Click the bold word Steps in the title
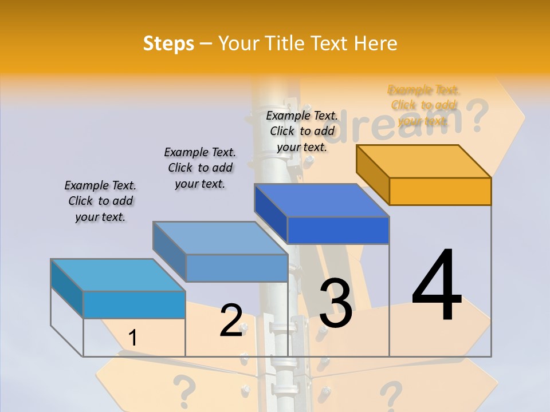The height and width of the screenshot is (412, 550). coord(168,43)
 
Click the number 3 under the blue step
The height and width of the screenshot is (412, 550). coord(335,303)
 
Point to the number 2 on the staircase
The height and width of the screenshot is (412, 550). coord(231,320)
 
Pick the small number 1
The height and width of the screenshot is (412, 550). coord(132,338)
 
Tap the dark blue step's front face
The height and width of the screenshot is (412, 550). coord(338,230)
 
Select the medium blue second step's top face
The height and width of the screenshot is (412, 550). coord(221,237)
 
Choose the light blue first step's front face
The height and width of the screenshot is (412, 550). coord(134,304)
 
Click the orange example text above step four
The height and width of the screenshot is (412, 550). coord(423,105)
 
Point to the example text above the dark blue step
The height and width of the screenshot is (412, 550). coord(302,131)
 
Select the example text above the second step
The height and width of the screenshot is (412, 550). coord(200,168)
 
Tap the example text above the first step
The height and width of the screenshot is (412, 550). coord(100,201)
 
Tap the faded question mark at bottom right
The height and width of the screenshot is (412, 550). coord(391,395)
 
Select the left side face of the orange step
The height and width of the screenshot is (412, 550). coord(372,175)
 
